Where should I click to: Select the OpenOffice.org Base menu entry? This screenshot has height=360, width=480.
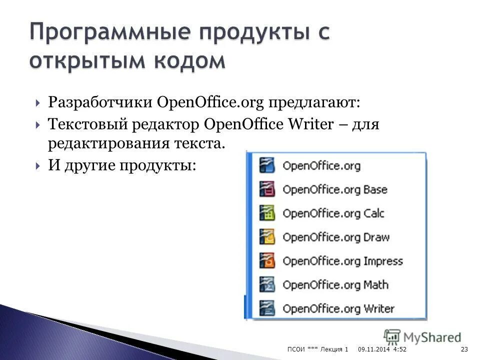(334, 189)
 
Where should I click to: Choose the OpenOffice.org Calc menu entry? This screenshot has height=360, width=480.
(333, 213)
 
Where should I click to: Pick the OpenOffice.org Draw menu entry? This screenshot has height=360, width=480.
(335, 237)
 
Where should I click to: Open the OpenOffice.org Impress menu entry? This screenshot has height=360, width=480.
(342, 261)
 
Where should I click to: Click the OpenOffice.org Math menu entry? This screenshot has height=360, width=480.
(335, 285)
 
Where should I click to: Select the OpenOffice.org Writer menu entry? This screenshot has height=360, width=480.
(338, 308)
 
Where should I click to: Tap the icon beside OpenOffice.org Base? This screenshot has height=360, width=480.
(267, 189)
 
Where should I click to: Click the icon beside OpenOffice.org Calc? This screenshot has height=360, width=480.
(267, 213)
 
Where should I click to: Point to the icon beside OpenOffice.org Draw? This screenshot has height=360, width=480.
(267, 237)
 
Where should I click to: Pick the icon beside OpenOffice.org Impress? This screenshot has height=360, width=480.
(267, 261)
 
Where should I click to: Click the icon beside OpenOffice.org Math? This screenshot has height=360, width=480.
(267, 285)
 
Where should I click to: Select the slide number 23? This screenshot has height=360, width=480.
(464, 348)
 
